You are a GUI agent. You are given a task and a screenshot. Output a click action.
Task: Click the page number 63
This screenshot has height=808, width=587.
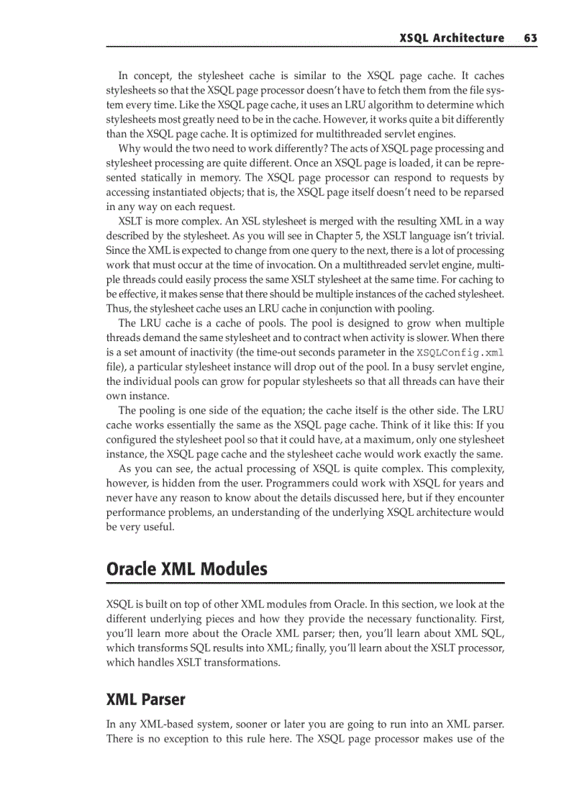coord(531,38)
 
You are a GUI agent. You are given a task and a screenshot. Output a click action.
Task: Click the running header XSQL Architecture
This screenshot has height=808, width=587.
coord(452,38)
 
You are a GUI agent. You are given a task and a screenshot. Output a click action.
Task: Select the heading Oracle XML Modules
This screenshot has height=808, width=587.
coord(186,569)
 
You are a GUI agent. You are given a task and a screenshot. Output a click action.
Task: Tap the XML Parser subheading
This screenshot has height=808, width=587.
coord(145,699)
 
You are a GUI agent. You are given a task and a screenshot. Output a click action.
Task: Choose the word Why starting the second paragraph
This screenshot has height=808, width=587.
coord(130,149)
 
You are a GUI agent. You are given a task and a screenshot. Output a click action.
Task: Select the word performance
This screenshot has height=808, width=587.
coord(139,512)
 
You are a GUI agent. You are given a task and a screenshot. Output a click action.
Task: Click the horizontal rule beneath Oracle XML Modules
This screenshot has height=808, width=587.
coord(305,583)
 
